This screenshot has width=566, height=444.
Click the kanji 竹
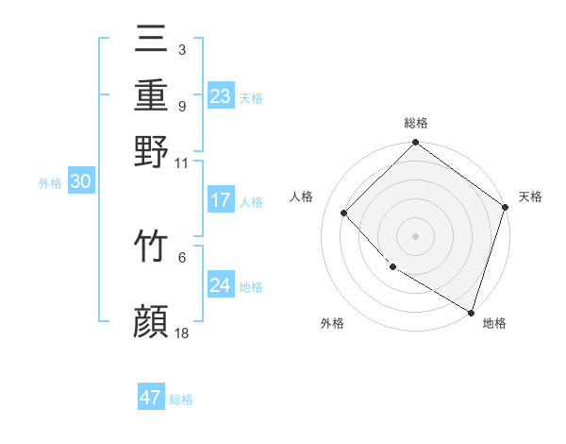pyautogui.click(x=151, y=248)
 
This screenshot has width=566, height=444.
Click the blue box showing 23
pyautogui.click(x=220, y=96)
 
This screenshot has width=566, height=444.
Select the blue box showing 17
pyautogui.click(x=220, y=200)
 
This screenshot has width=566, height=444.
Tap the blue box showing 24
pyautogui.click(x=220, y=285)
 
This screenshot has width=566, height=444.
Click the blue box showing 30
pyautogui.click(x=80, y=182)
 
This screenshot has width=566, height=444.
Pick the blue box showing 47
pyautogui.click(x=151, y=398)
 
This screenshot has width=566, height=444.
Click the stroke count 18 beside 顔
pyautogui.click(x=182, y=333)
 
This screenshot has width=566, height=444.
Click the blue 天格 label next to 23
pyautogui.click(x=251, y=98)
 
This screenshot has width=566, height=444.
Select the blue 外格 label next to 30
pyautogui.click(x=50, y=184)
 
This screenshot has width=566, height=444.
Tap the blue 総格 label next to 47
pyautogui.click(x=181, y=400)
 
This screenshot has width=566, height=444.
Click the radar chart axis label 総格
pyautogui.click(x=416, y=123)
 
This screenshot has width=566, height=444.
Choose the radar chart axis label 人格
pyautogui.click(x=302, y=196)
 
